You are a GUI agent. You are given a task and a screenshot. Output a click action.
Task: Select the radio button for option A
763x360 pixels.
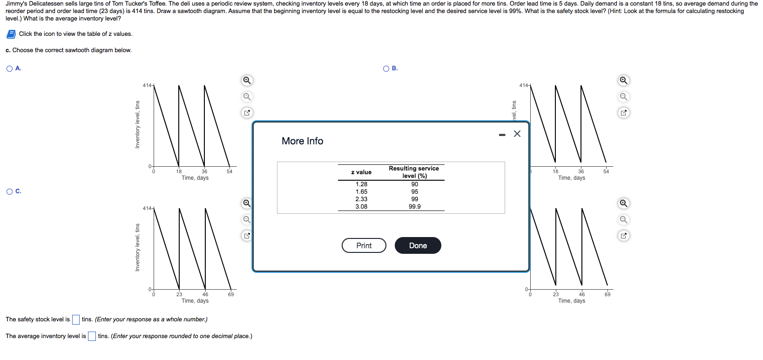(9, 68)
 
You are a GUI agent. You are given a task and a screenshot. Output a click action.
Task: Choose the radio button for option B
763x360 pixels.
(386, 68)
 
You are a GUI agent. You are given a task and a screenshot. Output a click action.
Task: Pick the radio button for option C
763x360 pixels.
(9, 191)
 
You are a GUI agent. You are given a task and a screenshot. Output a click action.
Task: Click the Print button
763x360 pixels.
(364, 245)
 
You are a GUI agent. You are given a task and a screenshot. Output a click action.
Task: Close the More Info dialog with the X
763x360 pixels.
(517, 134)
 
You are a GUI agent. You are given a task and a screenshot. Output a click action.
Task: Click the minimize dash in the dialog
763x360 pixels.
(502, 135)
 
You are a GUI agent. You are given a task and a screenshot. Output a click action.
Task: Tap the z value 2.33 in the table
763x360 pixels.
(361, 199)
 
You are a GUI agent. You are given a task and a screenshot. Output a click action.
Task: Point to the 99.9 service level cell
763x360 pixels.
(414, 206)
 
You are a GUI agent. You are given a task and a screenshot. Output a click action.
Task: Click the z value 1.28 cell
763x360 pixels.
(361, 184)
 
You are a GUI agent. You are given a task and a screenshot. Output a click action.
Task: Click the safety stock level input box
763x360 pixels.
(76, 319)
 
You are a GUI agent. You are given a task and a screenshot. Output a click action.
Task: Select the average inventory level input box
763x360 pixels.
(92, 336)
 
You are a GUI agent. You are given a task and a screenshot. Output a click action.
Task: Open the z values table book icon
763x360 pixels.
(11, 34)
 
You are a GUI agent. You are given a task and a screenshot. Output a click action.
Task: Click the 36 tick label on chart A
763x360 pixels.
(204, 171)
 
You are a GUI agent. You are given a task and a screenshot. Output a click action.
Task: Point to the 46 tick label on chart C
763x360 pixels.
(205, 294)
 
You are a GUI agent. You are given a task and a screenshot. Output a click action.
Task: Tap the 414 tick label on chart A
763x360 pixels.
(147, 85)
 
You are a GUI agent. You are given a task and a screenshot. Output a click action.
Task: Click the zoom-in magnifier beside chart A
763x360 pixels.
(247, 80)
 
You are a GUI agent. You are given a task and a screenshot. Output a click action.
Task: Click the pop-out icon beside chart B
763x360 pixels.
(623, 113)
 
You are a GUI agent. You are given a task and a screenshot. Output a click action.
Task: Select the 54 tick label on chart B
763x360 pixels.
(606, 171)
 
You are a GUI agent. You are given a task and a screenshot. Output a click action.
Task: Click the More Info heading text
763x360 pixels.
(302, 141)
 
